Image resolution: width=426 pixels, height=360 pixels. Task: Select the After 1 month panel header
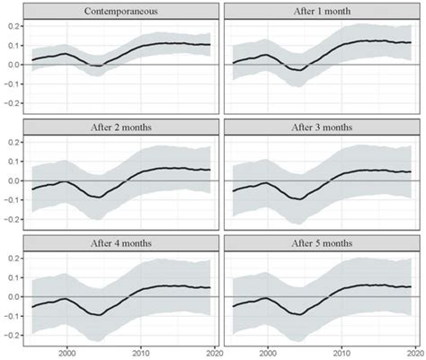point(324,12)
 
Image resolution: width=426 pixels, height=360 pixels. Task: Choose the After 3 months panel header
point(324,127)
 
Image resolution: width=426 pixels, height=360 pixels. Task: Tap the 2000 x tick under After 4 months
point(67,351)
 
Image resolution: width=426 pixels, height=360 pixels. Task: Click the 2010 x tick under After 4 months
point(141,351)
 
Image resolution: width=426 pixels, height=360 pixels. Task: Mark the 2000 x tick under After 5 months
point(268,351)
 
